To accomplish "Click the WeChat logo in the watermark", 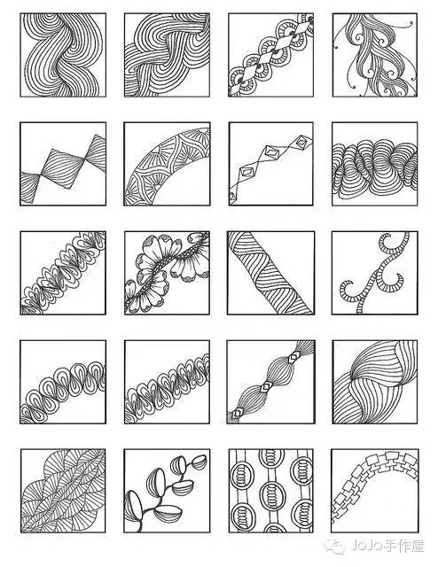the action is click(335, 546).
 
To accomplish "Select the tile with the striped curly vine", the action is click(375, 273).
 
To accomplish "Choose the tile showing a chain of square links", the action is click(375, 491).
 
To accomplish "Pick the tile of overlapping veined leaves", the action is click(63, 491).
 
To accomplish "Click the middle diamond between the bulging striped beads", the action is click(266, 387).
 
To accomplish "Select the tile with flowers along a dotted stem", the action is click(167, 273).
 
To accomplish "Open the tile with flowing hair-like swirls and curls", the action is click(375, 55).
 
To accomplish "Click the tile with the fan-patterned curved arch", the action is click(167, 164).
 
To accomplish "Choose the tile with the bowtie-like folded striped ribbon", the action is click(63, 164).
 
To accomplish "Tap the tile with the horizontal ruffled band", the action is click(375, 164).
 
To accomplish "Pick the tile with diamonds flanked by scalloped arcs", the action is click(270, 55).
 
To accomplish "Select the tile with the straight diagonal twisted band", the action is click(270, 273).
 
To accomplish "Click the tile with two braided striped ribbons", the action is click(167, 55).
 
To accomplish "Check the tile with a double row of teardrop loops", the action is click(167, 382).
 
